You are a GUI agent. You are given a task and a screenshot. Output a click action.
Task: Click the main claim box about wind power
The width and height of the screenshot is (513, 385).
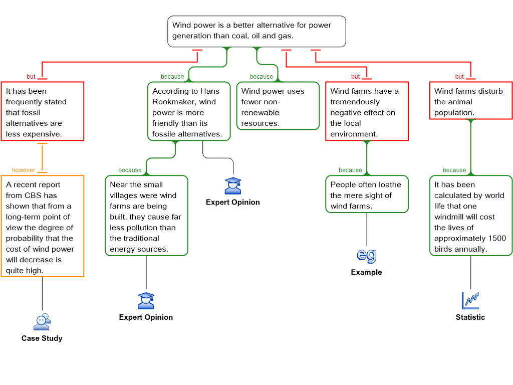[256, 31]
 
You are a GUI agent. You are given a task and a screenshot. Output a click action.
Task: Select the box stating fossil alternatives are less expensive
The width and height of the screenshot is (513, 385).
[43, 111]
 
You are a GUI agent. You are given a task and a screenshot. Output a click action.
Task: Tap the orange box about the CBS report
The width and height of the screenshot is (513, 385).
[43, 226]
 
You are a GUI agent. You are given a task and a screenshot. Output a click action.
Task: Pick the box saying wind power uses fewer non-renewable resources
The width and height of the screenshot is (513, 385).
[278, 106]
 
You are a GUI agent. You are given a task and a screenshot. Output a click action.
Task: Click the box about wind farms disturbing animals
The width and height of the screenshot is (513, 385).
[470, 101]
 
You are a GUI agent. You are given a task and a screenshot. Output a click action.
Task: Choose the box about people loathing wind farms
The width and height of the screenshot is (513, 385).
[366, 195]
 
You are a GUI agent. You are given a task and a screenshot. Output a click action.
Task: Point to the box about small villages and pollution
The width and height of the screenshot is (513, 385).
[146, 216]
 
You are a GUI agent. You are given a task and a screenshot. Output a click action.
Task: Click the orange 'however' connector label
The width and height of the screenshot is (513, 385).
[24, 170]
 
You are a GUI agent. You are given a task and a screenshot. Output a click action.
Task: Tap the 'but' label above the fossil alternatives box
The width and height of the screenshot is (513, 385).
[31, 77]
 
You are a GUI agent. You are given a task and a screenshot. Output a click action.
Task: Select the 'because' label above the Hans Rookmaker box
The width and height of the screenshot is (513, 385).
[172, 77]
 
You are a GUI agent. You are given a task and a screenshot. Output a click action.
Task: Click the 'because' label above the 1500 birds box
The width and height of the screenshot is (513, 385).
[454, 170]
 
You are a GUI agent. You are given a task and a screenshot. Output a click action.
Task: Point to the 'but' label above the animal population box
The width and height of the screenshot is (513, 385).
[459, 77]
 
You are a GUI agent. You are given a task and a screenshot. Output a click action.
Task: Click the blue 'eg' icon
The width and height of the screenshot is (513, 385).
[367, 255]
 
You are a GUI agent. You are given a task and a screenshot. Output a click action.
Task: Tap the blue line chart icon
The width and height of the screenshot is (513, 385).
[470, 300]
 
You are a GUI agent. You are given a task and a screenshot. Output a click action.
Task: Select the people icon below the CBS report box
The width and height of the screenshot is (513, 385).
[42, 322]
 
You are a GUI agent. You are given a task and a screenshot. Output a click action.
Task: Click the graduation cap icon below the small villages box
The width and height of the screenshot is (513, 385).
[146, 301]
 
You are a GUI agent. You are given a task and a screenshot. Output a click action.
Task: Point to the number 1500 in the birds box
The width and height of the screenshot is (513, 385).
[496, 238]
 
